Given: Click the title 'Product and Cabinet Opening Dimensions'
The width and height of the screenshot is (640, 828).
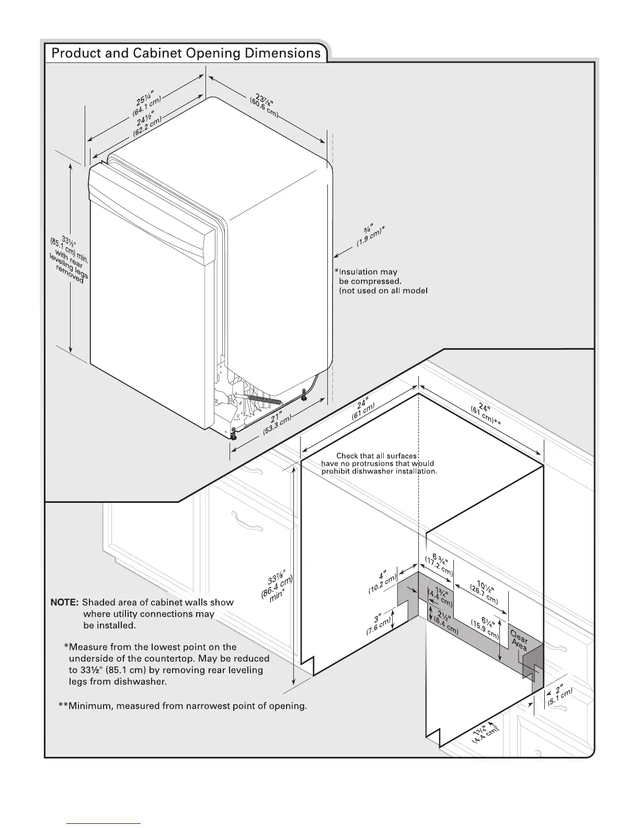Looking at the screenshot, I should [186, 53].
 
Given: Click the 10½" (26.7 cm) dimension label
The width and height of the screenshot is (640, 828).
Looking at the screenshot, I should [484, 591].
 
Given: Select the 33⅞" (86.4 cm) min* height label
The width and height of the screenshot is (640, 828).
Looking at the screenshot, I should [278, 589].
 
